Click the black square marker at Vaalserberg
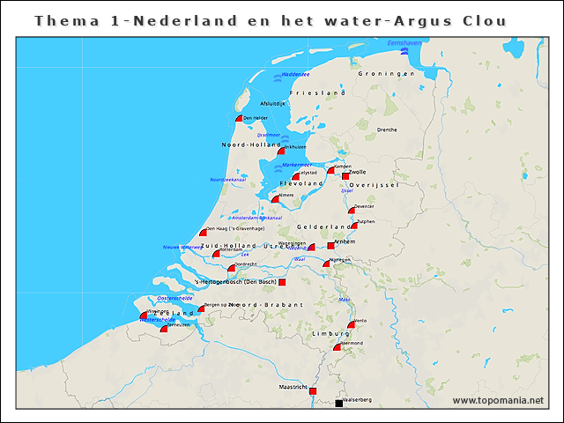coord(338,404)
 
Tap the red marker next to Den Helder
coord(239,118)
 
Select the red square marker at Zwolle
coord(345,175)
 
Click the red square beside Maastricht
coord(312,390)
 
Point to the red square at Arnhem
coord(330,245)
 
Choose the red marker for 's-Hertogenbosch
coord(282,283)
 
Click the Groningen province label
coord(386,74)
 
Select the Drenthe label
coord(386,130)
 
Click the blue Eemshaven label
coord(404,42)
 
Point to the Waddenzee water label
coord(295,74)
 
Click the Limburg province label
coord(331,335)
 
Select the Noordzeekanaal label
coord(226,179)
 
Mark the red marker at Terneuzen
coord(164,329)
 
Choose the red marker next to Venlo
coord(352,324)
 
